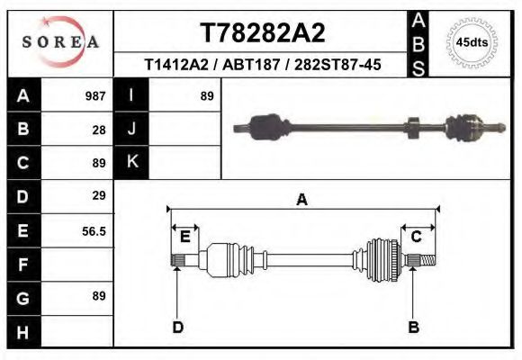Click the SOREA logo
click(x=60, y=42)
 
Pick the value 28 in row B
click(x=99, y=130)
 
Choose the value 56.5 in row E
click(x=94, y=231)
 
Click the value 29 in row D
click(x=99, y=195)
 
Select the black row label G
click(x=22, y=298)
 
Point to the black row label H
click(x=22, y=332)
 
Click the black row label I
click(x=131, y=95)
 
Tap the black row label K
click(x=131, y=162)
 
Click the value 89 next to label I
click(x=207, y=95)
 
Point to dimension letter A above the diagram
click(x=301, y=200)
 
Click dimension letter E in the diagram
click(x=184, y=237)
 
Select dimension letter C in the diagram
click(x=417, y=237)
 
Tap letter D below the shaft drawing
click(x=178, y=327)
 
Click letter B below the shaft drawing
click(x=414, y=327)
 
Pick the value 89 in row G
click(x=99, y=296)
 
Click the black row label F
click(x=22, y=265)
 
